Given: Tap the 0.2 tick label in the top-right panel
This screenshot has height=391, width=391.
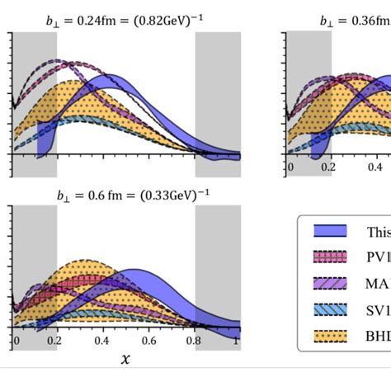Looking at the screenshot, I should [331, 167].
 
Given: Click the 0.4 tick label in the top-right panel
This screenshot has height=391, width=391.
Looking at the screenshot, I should [375, 167].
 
